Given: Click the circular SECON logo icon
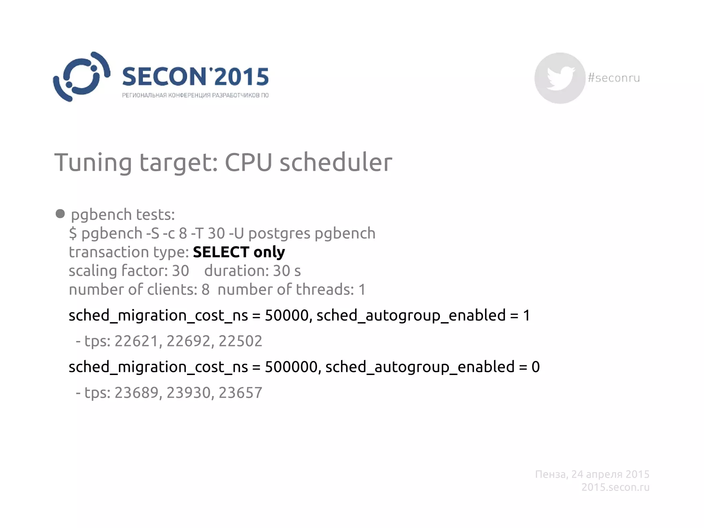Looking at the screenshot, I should click(81, 77).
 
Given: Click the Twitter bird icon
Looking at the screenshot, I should click(560, 78).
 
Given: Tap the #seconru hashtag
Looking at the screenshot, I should click(614, 78).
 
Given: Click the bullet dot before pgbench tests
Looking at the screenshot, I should click(60, 214).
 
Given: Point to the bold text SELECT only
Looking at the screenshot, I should click(239, 252).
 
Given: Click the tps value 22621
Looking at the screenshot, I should click(136, 341).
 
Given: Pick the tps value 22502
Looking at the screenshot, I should click(240, 341).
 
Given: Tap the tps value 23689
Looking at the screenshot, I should click(136, 393).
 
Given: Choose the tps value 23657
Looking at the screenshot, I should click(240, 393).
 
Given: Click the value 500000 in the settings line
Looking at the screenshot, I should click(291, 367).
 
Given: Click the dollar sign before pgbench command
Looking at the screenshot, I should click(73, 233).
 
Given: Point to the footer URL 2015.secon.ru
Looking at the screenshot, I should click(615, 487).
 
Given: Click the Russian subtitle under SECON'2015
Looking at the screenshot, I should click(195, 95).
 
